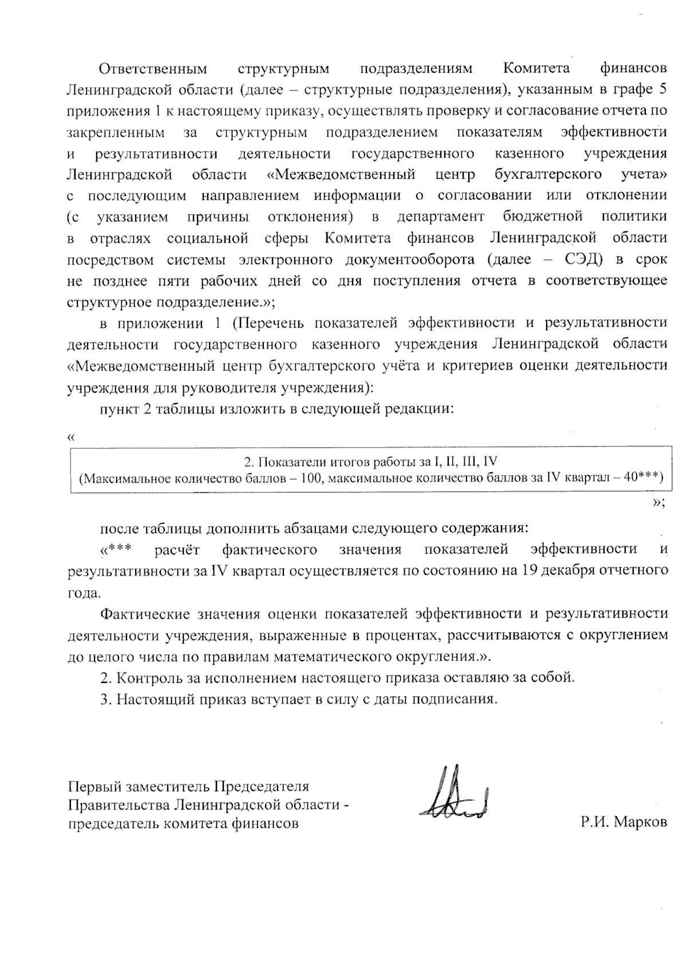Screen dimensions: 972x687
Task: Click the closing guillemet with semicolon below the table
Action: point(658,502)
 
